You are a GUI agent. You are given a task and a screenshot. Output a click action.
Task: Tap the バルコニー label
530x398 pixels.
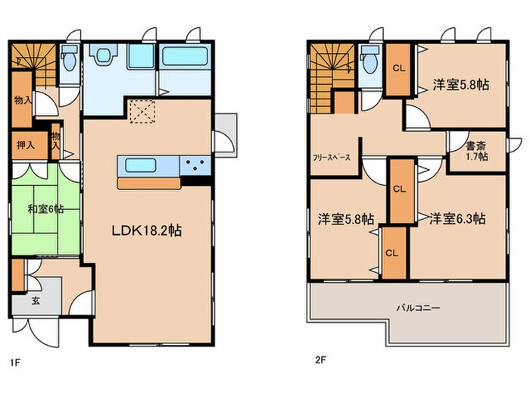tap(417, 309)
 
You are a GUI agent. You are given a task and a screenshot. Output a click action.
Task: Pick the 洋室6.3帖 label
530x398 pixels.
tap(457, 218)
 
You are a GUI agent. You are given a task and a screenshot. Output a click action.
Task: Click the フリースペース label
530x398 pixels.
tap(332, 159)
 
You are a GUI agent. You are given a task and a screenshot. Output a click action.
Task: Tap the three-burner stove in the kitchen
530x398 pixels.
tap(195, 165)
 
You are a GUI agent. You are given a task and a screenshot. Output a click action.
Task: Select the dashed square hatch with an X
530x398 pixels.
tap(142, 114)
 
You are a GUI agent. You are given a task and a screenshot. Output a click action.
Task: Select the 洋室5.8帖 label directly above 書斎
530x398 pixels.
tap(460, 84)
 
